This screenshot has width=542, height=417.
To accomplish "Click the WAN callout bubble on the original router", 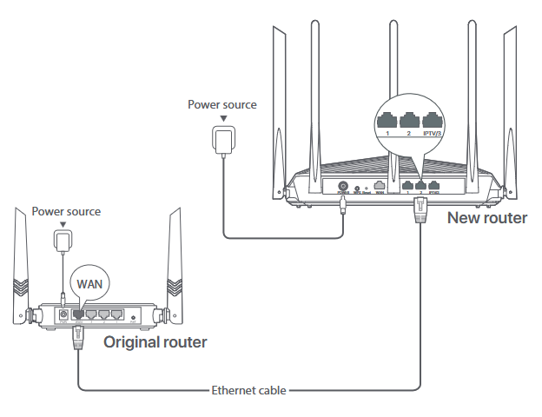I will [x=91, y=283].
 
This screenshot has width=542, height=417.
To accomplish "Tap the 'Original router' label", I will [x=155, y=342].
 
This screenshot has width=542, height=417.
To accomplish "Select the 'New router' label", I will [x=486, y=217].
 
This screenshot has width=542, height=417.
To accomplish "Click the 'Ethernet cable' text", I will [x=248, y=390].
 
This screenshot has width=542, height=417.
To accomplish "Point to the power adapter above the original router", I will [x=63, y=241].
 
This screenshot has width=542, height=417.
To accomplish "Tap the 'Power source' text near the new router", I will [x=222, y=104].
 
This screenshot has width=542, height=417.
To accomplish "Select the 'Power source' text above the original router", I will [x=66, y=211].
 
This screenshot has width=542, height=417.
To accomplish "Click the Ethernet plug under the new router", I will [x=420, y=208].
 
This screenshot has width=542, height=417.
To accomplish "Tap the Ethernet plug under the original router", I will [x=79, y=338].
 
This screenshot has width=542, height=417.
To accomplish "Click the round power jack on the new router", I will [x=342, y=186].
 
